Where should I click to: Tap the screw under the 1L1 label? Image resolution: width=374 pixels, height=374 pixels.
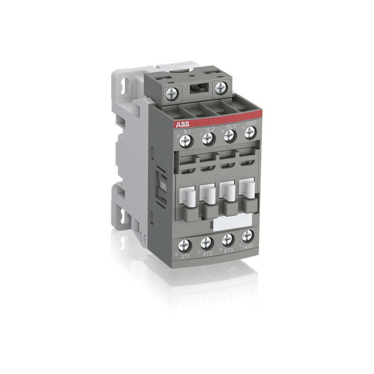(189, 139)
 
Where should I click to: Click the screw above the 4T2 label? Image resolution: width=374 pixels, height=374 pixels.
(206, 242)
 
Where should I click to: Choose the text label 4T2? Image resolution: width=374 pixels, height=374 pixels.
(206, 252)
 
